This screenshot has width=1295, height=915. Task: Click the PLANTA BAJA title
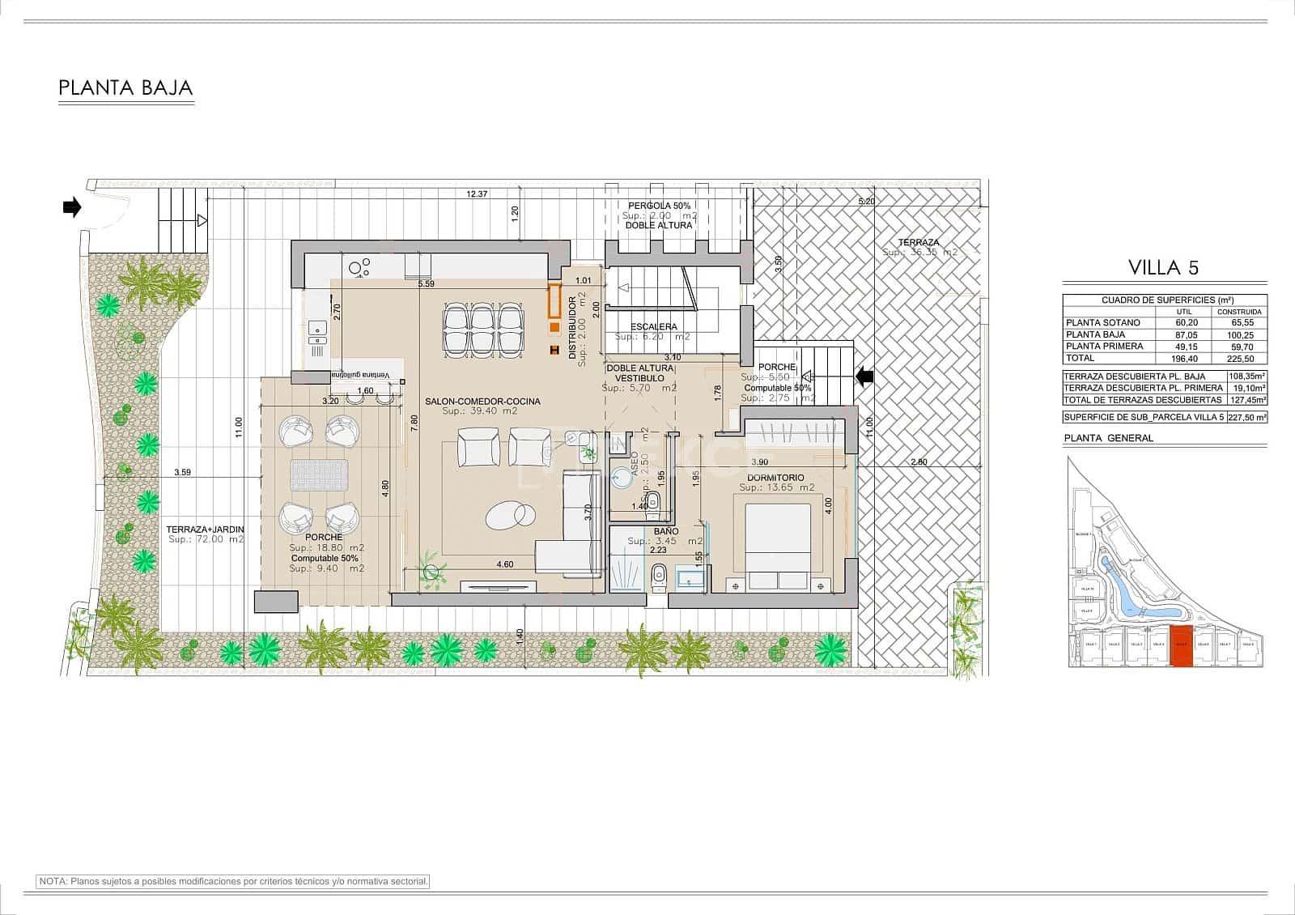(x=125, y=88)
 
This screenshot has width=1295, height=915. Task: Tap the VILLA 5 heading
(x=1163, y=267)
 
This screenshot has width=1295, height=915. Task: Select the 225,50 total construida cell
(x=1240, y=358)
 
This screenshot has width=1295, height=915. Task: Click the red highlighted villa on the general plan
(x=1182, y=646)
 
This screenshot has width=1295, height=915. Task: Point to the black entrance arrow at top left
(x=72, y=208)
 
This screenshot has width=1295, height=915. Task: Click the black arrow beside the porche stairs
(x=864, y=376)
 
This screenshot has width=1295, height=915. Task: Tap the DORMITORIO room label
(x=776, y=478)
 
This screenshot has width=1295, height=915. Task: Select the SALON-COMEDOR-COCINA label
(x=482, y=402)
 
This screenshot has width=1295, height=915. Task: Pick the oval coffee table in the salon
(x=511, y=514)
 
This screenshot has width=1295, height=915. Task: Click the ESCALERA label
(x=653, y=327)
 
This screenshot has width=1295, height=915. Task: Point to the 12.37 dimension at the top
(x=477, y=194)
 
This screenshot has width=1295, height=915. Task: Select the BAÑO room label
(x=667, y=531)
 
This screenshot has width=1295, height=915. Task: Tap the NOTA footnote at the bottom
(x=233, y=881)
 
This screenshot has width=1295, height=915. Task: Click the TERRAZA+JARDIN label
(x=205, y=530)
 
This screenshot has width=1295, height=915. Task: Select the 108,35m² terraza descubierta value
(x=1246, y=377)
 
